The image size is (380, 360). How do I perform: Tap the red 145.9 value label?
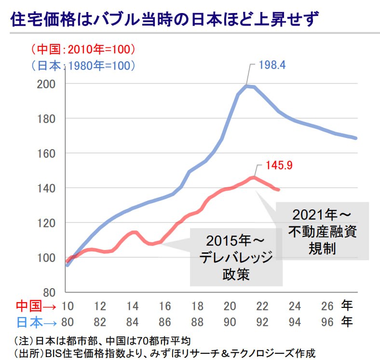click(x=279, y=166)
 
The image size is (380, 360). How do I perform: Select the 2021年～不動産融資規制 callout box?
click(x=323, y=232)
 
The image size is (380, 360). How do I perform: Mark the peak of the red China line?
click(x=253, y=178)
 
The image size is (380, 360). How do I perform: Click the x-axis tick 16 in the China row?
click(x=165, y=306)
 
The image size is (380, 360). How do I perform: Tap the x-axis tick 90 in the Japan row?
click(x=230, y=322)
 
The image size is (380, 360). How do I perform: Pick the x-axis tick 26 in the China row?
click(x=327, y=306)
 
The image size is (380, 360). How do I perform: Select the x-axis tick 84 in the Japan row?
click(x=132, y=322)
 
